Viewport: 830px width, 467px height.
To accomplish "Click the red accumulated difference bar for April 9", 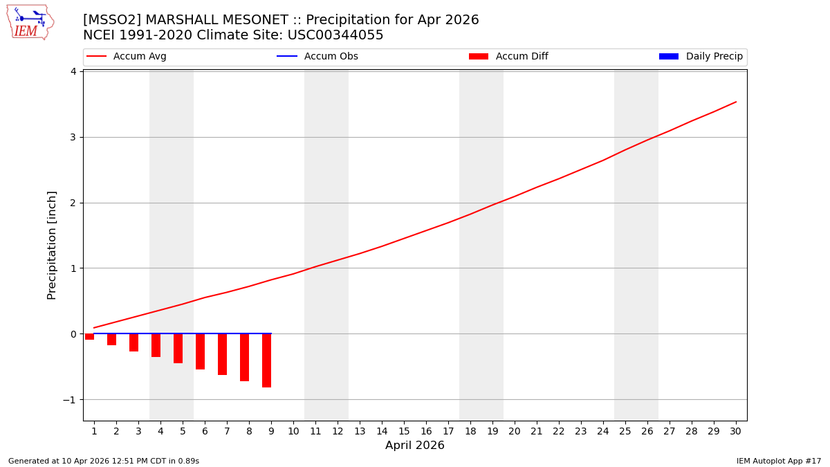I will tap(266, 360).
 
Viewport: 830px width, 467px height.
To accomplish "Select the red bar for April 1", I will tap(89, 336).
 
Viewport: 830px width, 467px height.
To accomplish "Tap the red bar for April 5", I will tap(178, 348).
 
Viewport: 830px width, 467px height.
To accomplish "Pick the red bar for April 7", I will tap(222, 354).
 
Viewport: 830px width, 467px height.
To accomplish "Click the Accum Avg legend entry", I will tap(127, 57).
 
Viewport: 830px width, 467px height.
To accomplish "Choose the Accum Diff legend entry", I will tap(508, 57).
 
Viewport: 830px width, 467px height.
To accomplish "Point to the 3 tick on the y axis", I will tap(72, 137).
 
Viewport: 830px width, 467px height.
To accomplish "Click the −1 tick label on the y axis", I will tap(69, 400).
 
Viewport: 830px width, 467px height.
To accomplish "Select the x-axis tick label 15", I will tap(404, 431).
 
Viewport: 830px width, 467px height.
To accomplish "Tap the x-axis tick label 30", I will tap(736, 431).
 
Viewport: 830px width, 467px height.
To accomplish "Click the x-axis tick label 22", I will tap(559, 431).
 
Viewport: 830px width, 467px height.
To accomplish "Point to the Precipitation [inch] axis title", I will tap(52, 245).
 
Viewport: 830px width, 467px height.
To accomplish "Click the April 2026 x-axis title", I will tap(415, 446).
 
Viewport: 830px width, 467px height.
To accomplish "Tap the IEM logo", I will tap(30, 22).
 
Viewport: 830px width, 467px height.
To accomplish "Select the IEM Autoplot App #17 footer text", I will tap(779, 461).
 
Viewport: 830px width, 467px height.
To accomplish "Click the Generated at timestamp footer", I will tap(104, 461).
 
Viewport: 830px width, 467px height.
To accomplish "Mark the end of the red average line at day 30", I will tap(736, 102).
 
